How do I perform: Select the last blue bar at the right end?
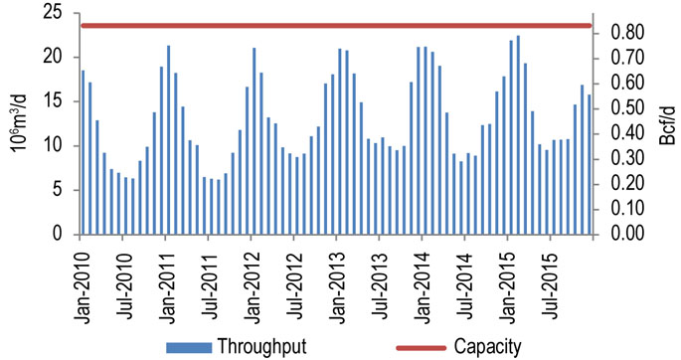590,164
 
